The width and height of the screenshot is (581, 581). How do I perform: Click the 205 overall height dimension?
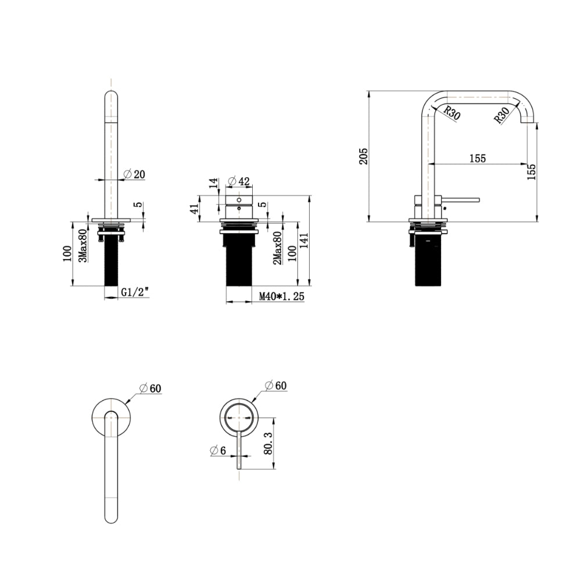[x=364, y=156]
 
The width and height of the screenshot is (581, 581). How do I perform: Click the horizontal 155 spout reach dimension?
[x=478, y=159]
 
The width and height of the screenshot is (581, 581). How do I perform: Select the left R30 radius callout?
[x=451, y=113]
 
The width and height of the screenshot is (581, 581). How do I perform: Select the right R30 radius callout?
[x=502, y=115]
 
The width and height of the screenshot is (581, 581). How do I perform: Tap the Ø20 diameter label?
[x=134, y=174]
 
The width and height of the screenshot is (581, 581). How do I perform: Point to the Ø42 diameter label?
[x=239, y=181]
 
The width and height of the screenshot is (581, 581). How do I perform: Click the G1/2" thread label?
[x=135, y=292]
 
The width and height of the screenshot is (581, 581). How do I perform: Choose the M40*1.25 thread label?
[x=282, y=296]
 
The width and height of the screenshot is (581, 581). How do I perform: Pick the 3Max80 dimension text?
[x=83, y=245]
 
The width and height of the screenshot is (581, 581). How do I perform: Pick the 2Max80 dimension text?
[x=277, y=248]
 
